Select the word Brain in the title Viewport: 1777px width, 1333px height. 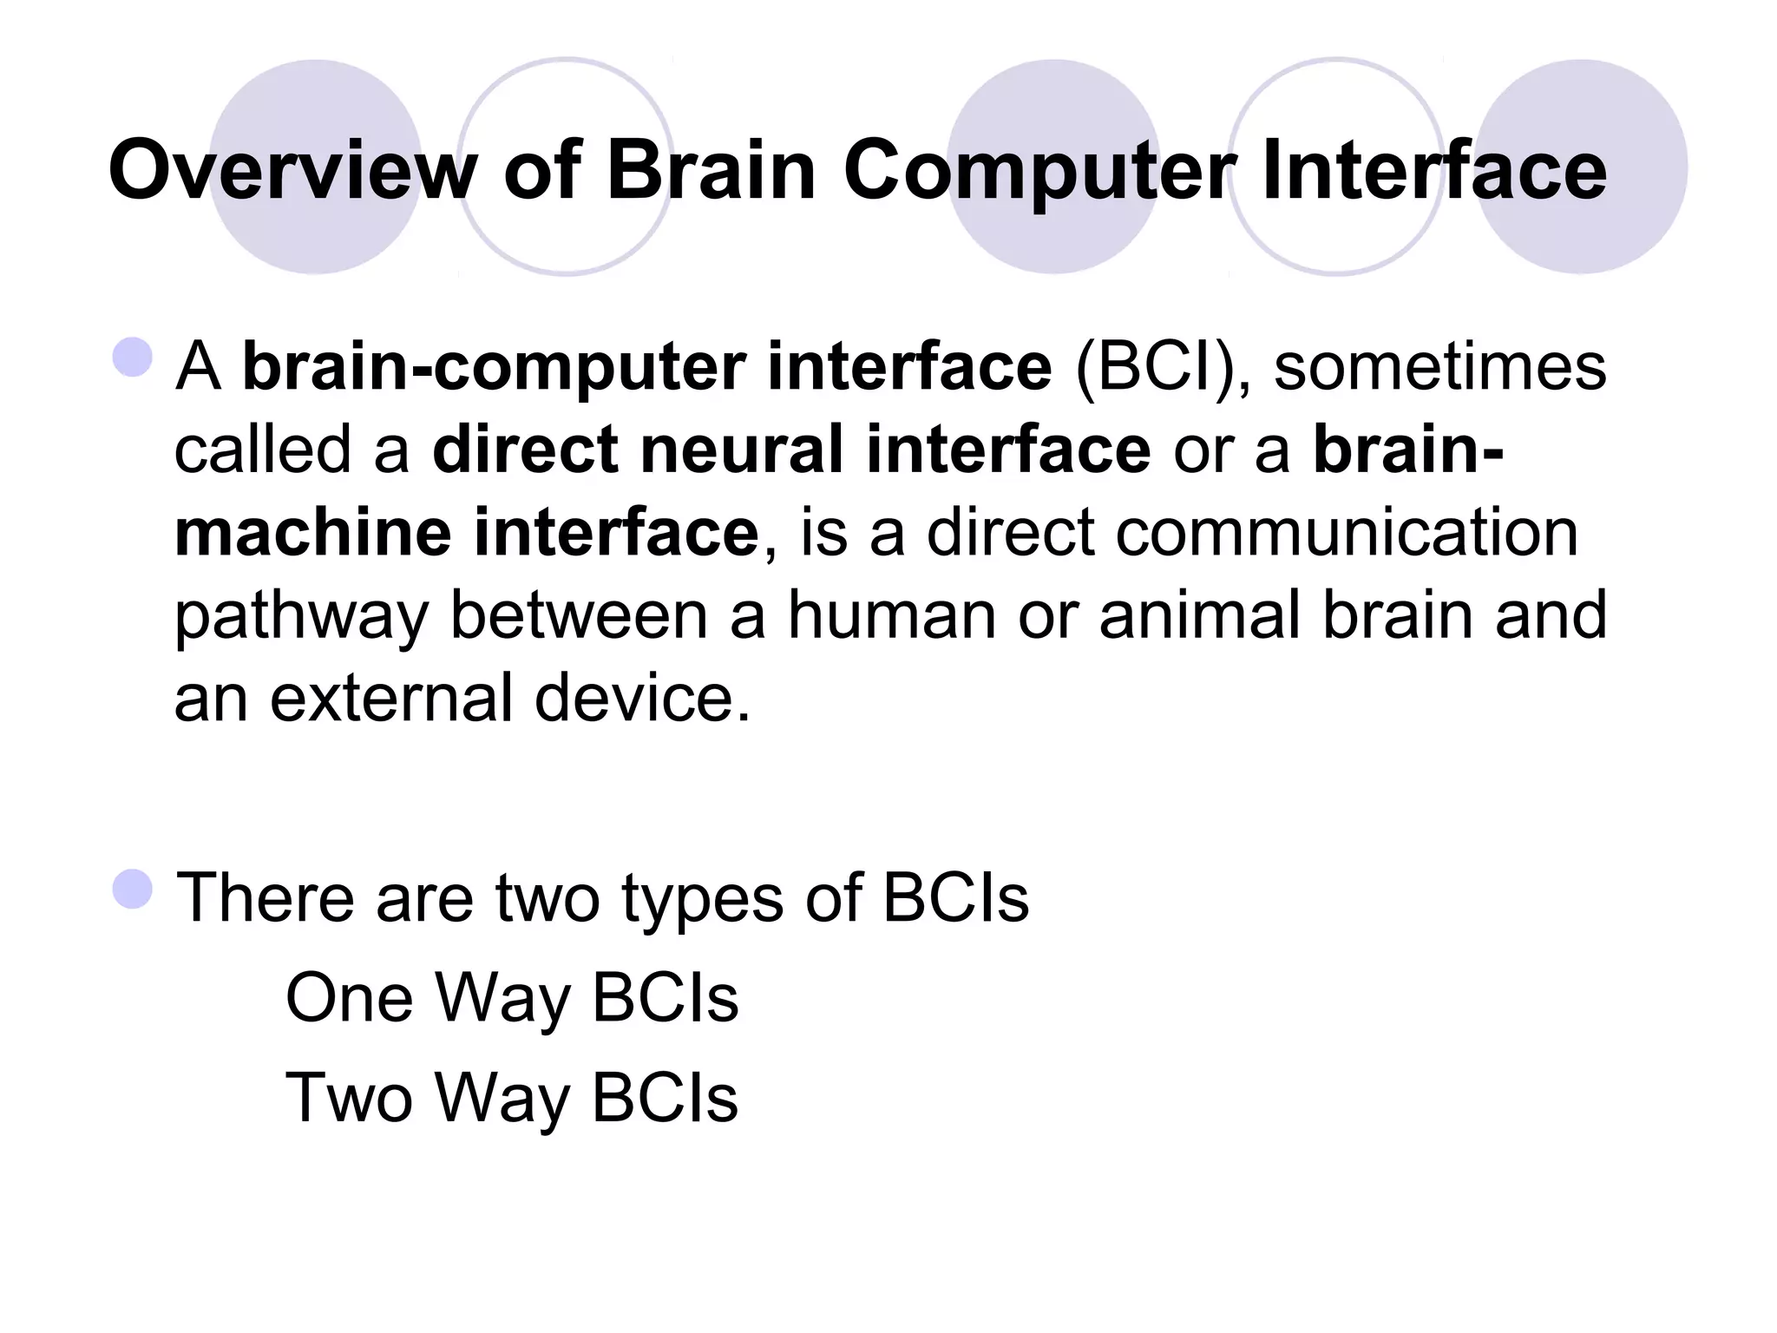711,170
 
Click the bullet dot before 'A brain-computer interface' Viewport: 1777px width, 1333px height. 133,357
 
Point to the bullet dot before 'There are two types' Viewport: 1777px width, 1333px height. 133,888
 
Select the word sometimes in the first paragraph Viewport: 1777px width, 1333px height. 1439,366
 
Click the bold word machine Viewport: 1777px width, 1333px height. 312,532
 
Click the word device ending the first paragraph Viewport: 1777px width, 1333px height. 641,698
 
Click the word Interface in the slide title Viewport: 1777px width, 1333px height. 1433,170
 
